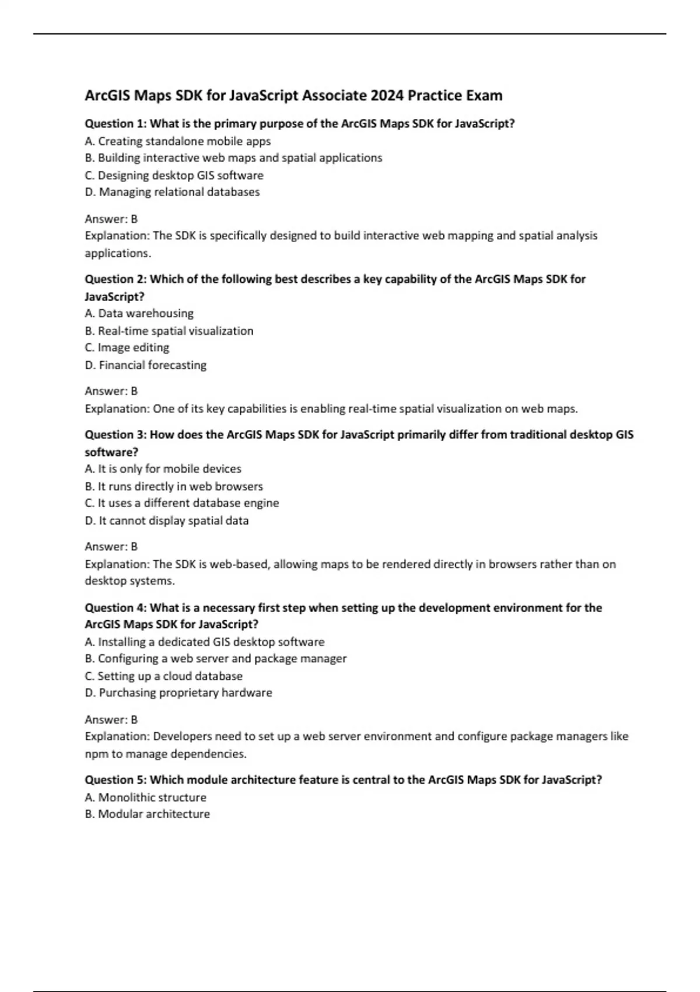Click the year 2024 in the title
coord(387,96)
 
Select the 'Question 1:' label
coord(116,124)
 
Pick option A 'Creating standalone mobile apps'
coord(178,141)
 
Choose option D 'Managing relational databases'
coord(172,192)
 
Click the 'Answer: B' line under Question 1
coord(111,219)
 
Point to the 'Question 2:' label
coord(116,279)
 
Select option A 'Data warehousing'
coord(139,313)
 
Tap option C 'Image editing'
coord(127,348)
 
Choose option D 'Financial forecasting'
coord(146,365)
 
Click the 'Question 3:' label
coord(116,435)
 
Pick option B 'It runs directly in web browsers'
coord(174,486)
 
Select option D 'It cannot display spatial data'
coord(167,521)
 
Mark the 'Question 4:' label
coord(116,607)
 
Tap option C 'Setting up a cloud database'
coord(163,676)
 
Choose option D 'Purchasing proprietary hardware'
coord(178,693)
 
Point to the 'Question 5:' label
coord(116,780)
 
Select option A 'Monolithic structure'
coord(146,797)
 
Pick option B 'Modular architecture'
coord(148,814)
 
